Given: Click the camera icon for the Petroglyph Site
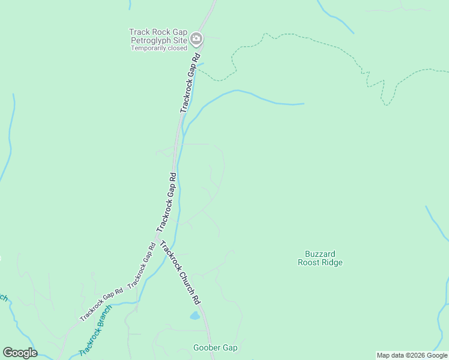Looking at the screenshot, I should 196,40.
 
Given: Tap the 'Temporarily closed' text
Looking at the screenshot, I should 159,49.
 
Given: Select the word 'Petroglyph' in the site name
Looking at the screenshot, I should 152,41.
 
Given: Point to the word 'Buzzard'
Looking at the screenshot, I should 319,254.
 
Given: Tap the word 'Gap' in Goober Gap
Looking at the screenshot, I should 231,348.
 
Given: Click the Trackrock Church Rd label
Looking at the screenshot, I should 179,271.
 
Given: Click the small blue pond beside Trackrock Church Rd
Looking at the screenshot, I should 194,315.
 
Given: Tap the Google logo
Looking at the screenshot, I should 20,353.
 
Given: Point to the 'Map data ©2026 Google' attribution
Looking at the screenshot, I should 412,355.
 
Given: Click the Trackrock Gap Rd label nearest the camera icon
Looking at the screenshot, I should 190,83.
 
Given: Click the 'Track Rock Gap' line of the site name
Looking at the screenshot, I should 157,32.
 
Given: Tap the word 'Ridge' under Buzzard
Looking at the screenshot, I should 332,262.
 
